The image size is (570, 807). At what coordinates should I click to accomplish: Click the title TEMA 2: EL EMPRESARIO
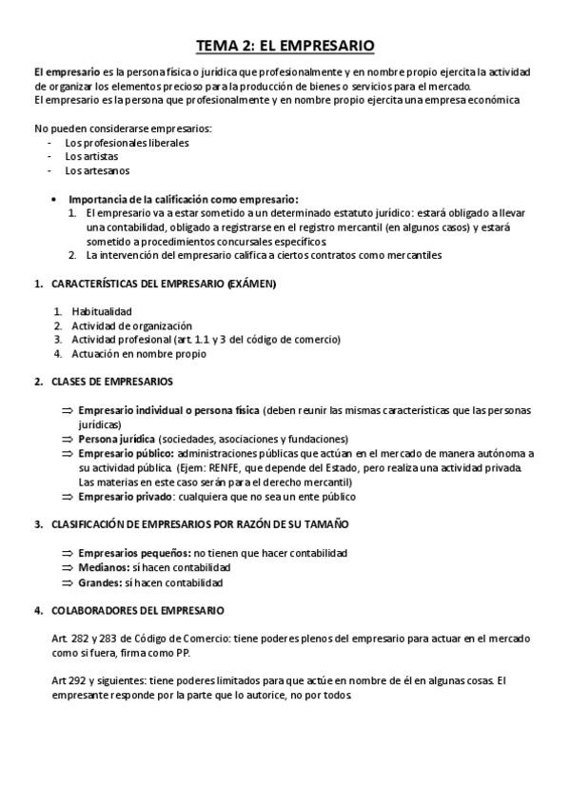click(285, 45)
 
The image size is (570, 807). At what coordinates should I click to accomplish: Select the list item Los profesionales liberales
click(127, 143)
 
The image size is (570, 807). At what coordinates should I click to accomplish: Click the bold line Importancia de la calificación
click(183, 199)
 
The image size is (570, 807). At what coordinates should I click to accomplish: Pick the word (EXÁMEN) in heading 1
click(252, 284)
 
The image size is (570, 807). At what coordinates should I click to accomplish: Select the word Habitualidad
click(102, 311)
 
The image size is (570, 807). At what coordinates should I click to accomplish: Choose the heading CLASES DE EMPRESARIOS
click(111, 382)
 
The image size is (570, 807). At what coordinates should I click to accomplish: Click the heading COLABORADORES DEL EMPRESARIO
click(137, 609)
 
